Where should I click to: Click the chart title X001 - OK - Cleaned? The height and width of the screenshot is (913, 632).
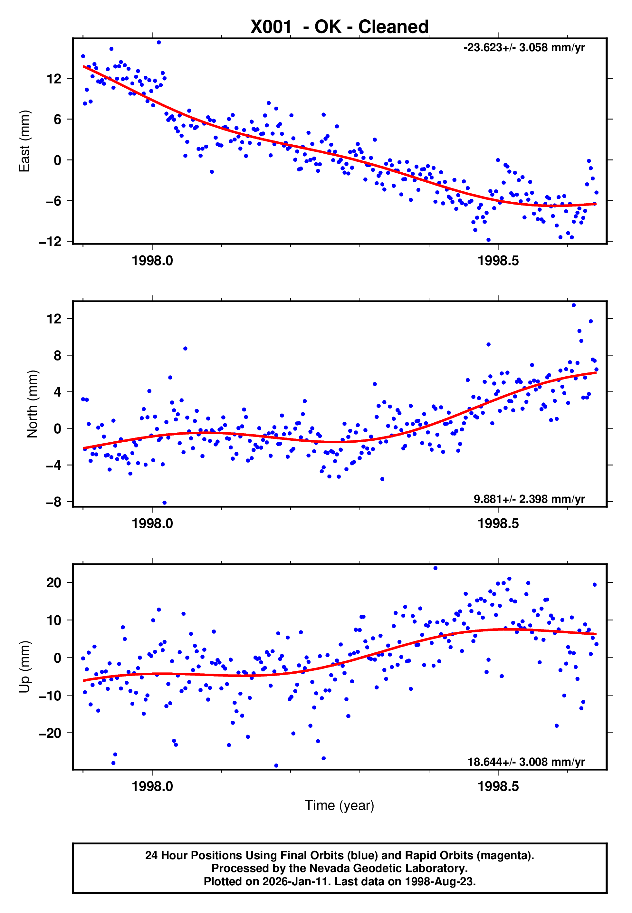pos(340,27)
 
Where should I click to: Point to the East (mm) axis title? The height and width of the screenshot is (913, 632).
pos(24,141)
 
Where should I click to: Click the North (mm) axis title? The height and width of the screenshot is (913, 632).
pos(32,404)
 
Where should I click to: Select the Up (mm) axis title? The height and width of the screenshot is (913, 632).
pos(24,667)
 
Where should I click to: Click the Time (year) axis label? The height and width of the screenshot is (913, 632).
pos(340,806)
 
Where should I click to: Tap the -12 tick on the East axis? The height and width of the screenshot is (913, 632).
pos(50,242)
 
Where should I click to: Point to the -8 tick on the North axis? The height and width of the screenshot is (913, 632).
pos(54,502)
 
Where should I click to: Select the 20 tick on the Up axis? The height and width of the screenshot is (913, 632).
pos(54,583)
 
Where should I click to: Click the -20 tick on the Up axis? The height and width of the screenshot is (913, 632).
pos(50,733)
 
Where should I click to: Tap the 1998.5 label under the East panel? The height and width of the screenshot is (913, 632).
pos(498,261)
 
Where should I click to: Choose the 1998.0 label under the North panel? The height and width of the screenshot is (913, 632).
pos(152,524)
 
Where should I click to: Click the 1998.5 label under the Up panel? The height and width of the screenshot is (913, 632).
pos(498,787)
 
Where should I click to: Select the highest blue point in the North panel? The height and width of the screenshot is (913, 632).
pos(573,305)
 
